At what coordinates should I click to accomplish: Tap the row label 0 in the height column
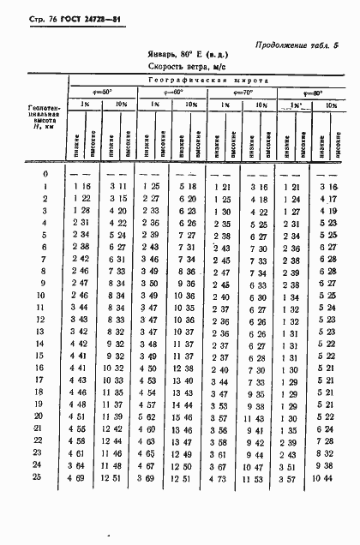[x=43, y=174]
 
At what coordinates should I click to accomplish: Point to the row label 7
[x=43, y=258]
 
